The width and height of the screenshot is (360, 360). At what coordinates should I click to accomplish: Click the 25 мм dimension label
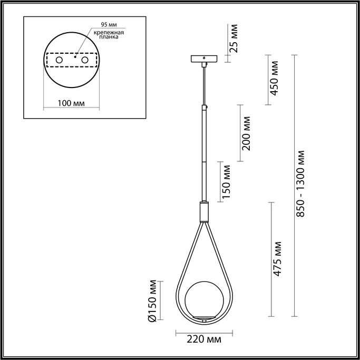click(x=235, y=40)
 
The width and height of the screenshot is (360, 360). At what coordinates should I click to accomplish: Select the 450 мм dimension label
click(x=274, y=79)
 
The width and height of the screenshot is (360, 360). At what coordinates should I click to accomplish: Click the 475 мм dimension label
click(x=278, y=259)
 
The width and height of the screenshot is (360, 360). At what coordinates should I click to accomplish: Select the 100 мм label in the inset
click(x=70, y=103)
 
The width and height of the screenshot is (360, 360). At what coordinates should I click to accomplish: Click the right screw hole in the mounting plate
click(x=84, y=61)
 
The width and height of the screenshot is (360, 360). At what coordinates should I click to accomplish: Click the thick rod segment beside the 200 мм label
click(x=203, y=134)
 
